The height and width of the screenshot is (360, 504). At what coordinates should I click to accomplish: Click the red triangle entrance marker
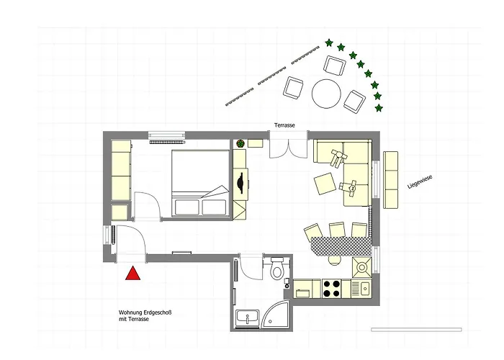click(132, 274)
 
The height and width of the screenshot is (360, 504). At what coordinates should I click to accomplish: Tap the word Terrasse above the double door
click(284, 125)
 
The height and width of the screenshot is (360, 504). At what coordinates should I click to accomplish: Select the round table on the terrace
click(326, 93)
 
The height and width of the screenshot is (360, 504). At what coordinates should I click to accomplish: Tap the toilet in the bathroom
click(277, 273)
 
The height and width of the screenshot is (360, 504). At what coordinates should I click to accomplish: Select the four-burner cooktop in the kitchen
click(332, 288)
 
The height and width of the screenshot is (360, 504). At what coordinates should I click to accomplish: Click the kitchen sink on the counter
click(364, 289)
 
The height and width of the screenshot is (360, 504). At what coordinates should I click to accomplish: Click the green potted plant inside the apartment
click(240, 144)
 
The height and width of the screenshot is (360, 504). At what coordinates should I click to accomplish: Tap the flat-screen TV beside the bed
click(238, 183)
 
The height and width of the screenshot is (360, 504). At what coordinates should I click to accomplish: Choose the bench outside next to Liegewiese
click(392, 179)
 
